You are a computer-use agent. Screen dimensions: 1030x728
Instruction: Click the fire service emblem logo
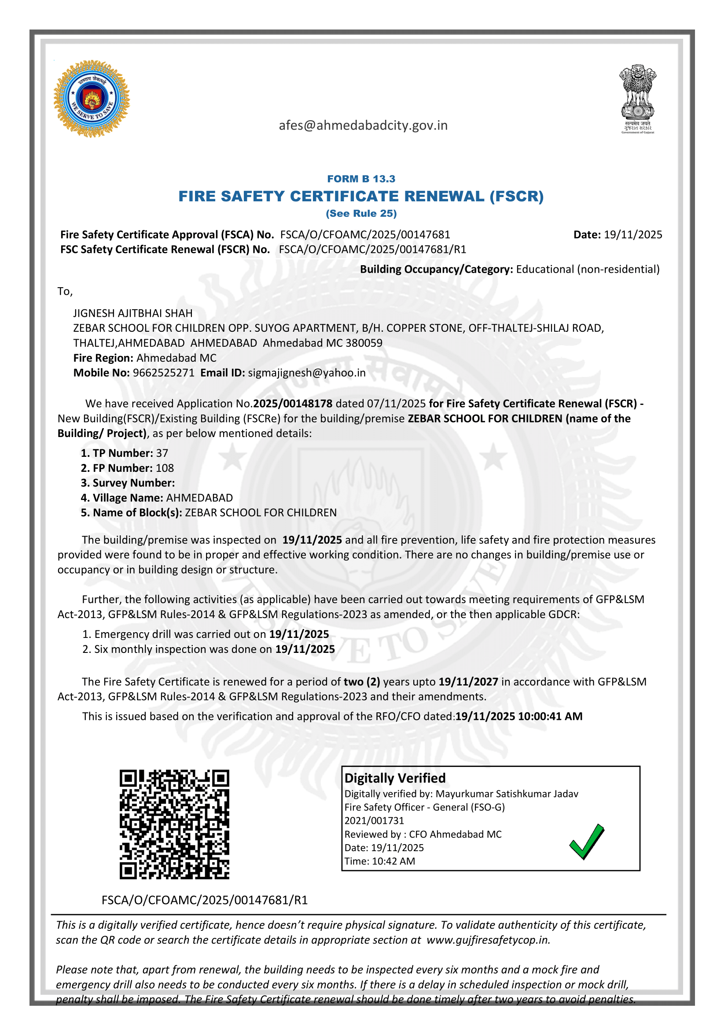[92, 98]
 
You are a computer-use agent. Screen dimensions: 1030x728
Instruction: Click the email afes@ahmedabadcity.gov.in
[363, 125]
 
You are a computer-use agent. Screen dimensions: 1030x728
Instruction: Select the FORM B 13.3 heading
[361, 178]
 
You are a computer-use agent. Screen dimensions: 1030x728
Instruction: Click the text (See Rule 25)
[361, 214]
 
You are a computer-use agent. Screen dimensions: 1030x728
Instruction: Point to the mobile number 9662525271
[164, 373]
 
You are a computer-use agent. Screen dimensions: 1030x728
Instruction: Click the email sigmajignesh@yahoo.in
[307, 373]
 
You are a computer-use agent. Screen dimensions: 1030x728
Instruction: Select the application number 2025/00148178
[293, 403]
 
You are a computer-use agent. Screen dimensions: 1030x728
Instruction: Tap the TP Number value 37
[162, 453]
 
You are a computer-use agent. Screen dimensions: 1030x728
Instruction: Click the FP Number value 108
[165, 468]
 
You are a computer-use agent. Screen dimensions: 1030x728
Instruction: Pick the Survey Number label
[128, 483]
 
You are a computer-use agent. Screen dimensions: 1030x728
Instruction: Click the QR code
[174, 824]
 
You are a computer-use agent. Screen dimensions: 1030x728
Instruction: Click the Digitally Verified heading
[395, 778]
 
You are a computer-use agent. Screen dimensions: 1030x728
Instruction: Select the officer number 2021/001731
[374, 820]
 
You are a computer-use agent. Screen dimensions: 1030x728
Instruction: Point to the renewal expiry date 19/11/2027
[468, 682]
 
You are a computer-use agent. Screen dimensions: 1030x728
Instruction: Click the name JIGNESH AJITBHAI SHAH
[133, 313]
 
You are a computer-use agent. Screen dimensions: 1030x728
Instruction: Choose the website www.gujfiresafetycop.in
[488, 940]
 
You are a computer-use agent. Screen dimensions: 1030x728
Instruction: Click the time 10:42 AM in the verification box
[393, 861]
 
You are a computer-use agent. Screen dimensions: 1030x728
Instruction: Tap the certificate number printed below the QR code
[204, 900]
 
